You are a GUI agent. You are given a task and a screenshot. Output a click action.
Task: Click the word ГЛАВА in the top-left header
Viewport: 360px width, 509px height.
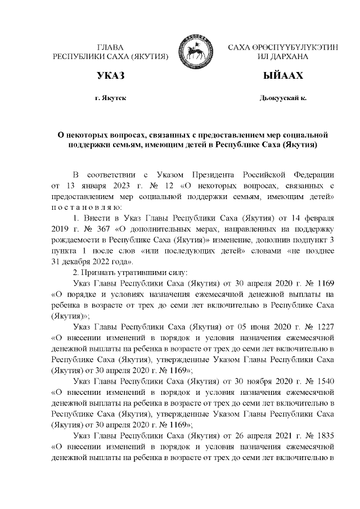pos(110,47)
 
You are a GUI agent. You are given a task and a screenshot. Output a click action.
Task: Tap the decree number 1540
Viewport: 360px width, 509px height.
pos(326,382)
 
